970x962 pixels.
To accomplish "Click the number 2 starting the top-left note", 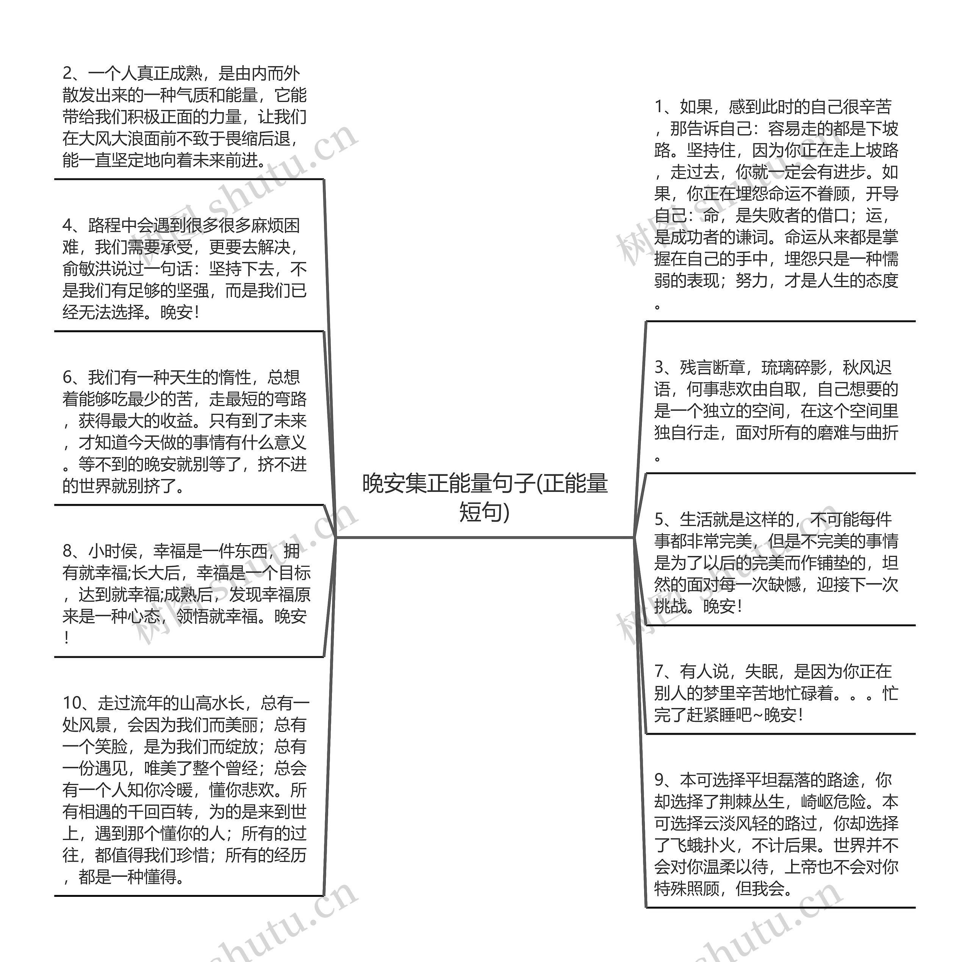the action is pyautogui.click(x=68, y=74).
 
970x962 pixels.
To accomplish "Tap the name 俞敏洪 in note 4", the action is pyautogui.click(x=86, y=269).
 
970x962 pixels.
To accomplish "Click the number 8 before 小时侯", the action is pyautogui.click(x=68, y=551).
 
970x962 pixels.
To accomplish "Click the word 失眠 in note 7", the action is pyautogui.click(x=761, y=671).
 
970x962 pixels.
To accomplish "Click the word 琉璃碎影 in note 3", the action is pyautogui.click(x=794, y=368).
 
